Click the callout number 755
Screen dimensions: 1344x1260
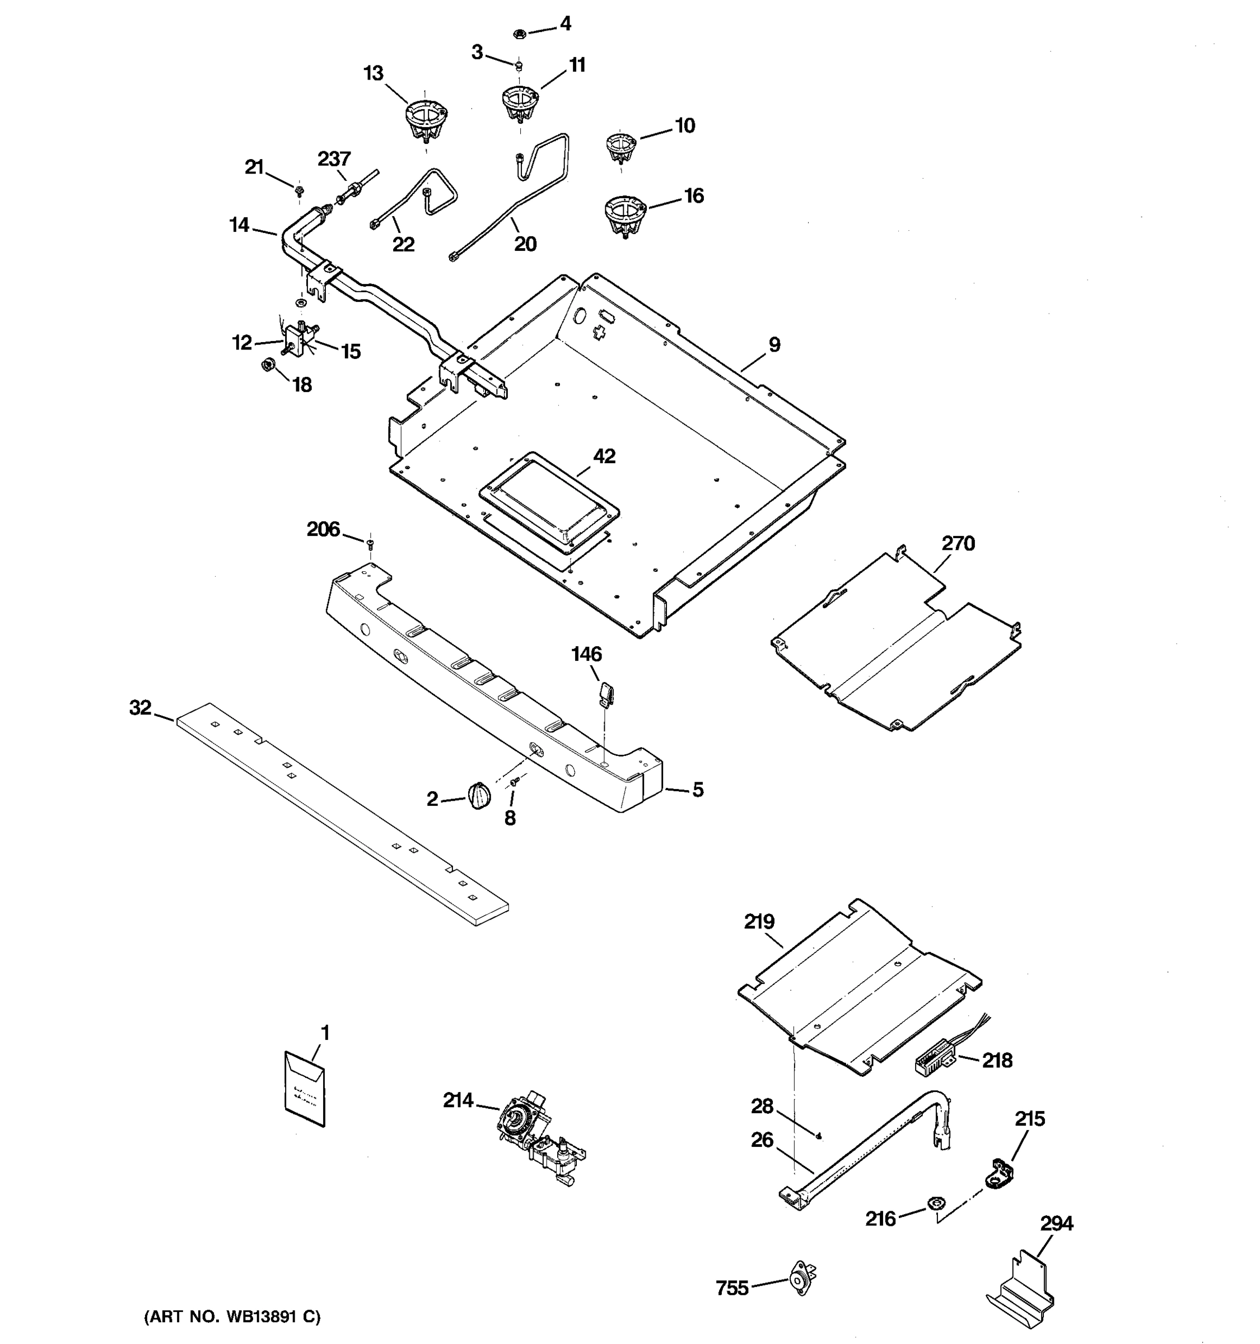(x=732, y=1288)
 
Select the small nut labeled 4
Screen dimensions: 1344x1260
(x=519, y=32)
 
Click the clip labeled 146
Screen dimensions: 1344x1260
(x=606, y=693)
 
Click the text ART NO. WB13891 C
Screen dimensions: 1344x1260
(x=232, y=1317)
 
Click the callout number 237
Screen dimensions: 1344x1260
(x=334, y=159)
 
